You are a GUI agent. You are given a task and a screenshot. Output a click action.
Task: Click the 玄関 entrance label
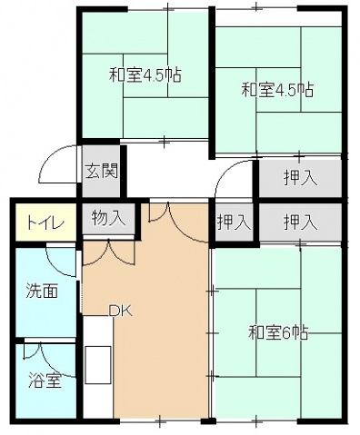point(99,171)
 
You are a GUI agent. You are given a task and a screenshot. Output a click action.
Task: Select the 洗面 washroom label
point(42,292)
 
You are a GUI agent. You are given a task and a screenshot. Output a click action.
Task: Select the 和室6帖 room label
point(278,332)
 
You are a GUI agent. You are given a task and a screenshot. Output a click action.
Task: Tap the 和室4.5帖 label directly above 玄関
point(145,74)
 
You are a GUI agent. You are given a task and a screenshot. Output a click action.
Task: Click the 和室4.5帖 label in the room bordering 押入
point(277,90)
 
